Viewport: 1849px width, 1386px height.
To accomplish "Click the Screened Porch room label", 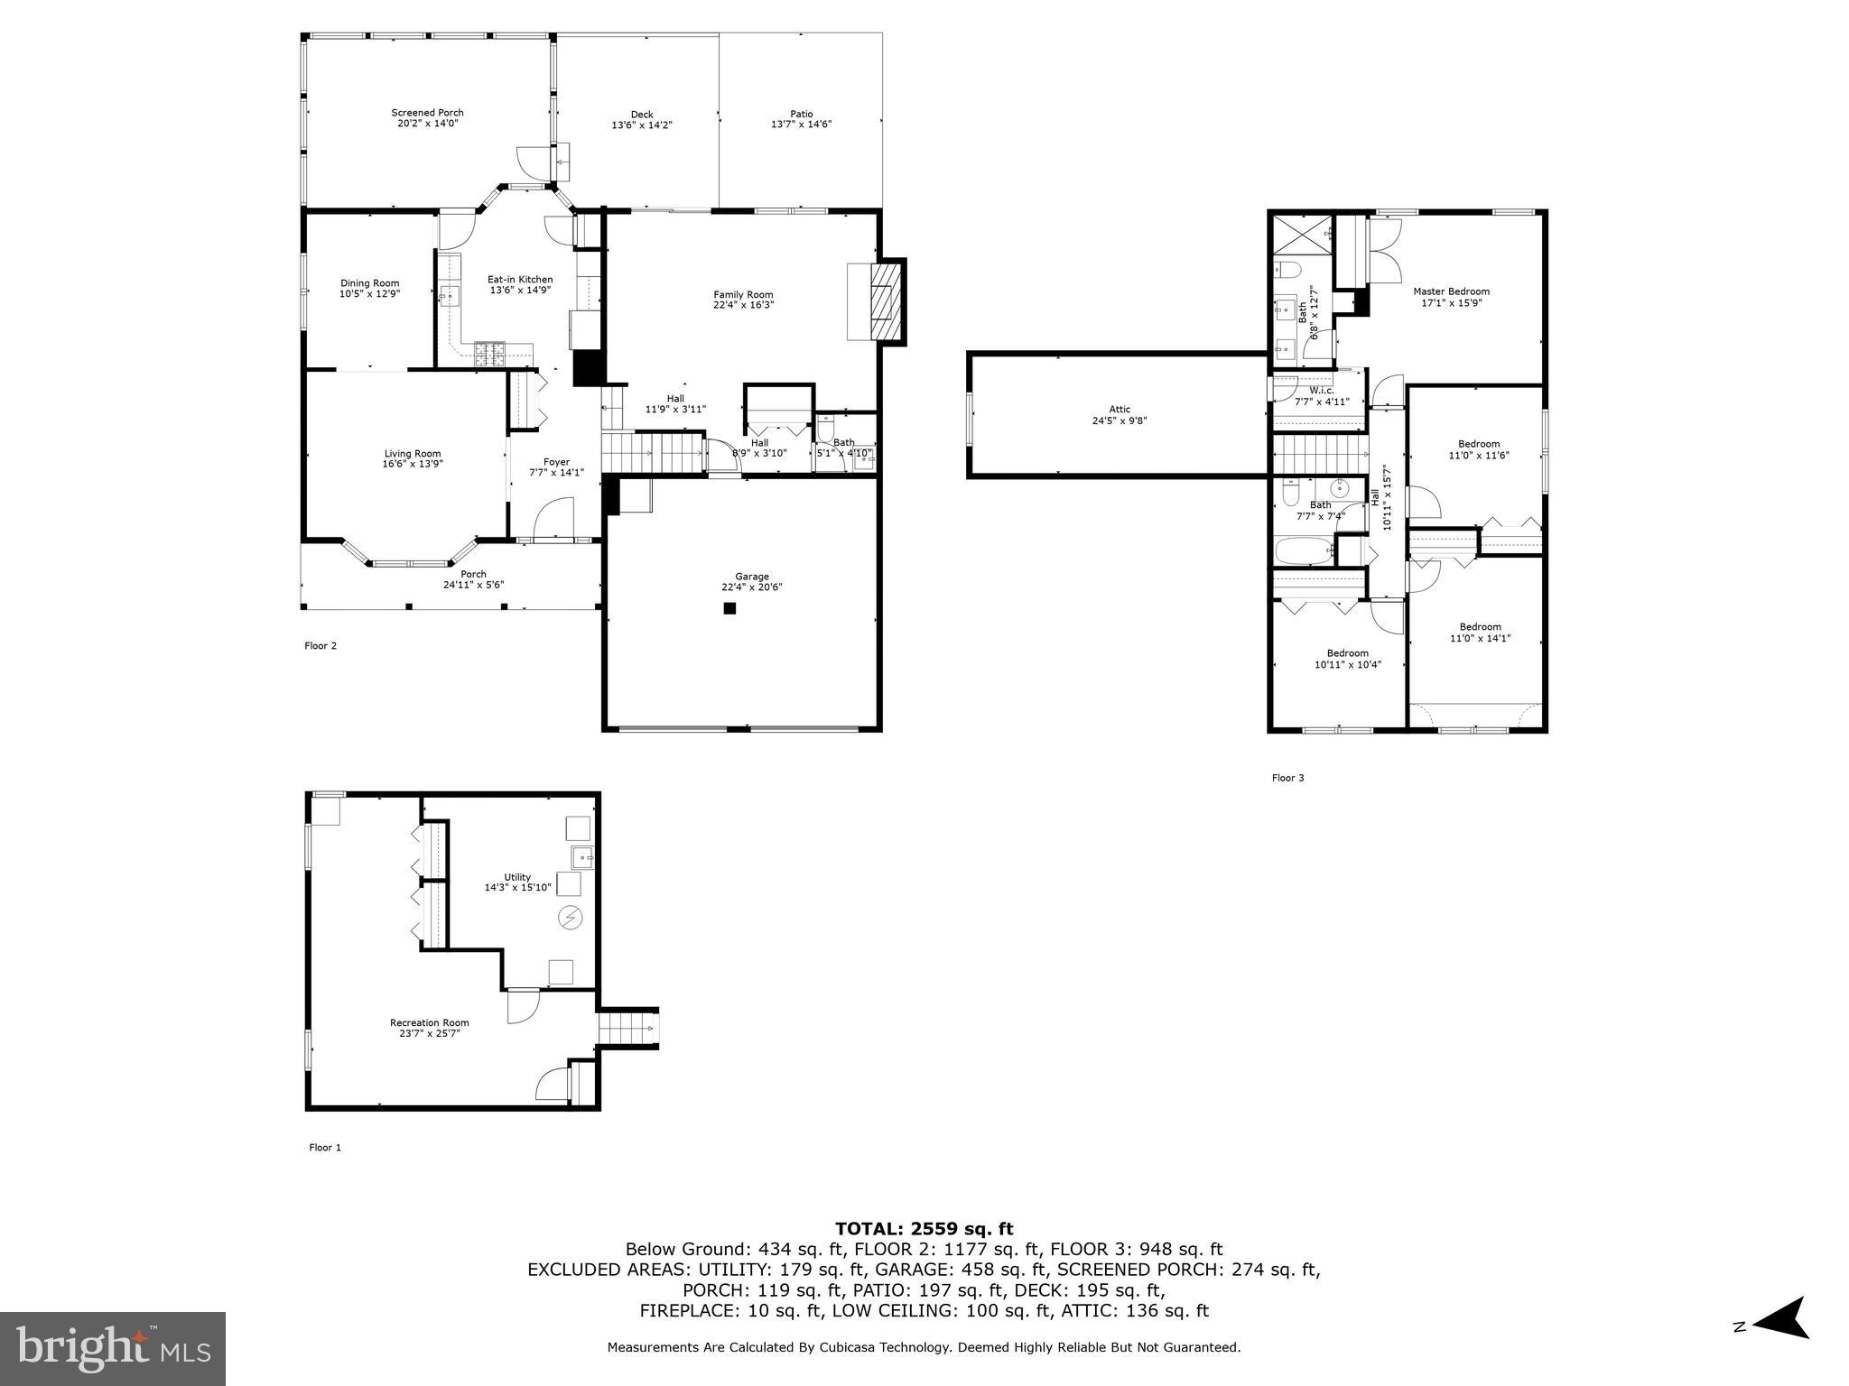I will (x=427, y=113).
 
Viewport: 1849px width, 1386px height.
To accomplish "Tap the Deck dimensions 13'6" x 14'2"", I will (x=641, y=125).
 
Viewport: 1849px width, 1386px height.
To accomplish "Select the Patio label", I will (x=801, y=114).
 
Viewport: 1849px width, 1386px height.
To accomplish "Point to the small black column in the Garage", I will (x=729, y=609).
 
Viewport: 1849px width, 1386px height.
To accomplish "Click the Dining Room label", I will (x=369, y=283).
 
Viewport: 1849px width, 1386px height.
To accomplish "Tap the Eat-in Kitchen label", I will (x=520, y=280).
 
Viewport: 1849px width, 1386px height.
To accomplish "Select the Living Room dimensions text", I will (x=412, y=465).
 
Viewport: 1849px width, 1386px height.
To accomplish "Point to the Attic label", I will (x=1120, y=409).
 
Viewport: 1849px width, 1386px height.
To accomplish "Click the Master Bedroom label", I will (x=1451, y=291).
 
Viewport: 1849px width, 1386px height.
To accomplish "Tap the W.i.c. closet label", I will (x=1322, y=391).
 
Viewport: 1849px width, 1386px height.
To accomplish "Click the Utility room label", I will (x=517, y=877).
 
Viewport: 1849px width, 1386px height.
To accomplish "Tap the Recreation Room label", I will (x=429, y=1022).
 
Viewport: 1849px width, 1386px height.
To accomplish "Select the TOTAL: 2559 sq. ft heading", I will (x=924, y=1229).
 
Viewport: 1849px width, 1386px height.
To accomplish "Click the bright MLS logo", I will (x=113, y=1348).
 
